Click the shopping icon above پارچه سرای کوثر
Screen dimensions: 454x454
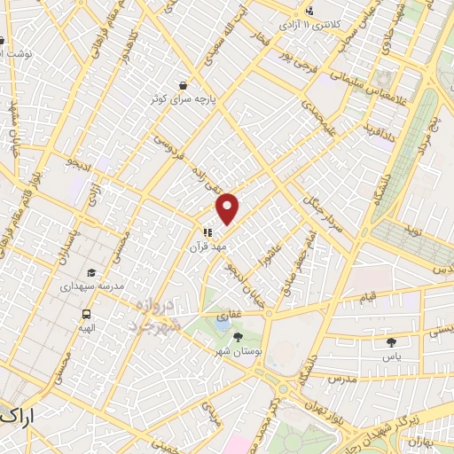point(183,85)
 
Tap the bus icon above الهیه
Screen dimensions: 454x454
point(87,314)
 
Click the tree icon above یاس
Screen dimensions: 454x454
point(391,341)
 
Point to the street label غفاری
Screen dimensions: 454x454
point(228,315)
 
